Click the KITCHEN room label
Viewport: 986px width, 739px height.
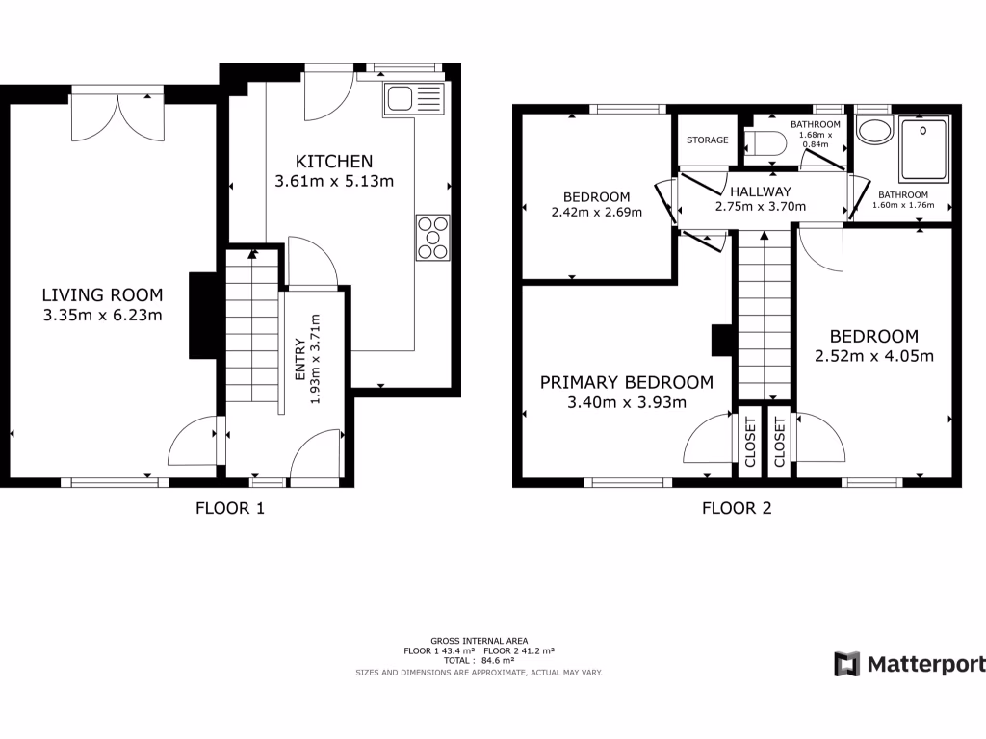(333, 161)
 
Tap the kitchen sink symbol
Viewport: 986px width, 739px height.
(414, 97)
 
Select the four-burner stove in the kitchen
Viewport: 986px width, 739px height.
(432, 237)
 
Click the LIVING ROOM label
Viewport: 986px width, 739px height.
(102, 295)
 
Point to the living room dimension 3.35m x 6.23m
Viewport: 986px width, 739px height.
(102, 315)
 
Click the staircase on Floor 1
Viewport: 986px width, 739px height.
(250, 327)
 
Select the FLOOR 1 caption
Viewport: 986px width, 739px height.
(230, 509)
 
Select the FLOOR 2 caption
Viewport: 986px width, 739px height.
(737, 509)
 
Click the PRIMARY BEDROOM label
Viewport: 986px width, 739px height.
(627, 382)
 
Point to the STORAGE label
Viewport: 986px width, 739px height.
(707, 140)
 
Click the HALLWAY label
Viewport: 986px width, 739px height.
(760, 191)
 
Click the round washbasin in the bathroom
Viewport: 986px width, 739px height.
(875, 131)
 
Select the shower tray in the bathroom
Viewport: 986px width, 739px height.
(923, 148)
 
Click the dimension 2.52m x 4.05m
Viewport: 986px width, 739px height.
(874, 356)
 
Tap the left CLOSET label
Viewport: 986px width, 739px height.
(750, 442)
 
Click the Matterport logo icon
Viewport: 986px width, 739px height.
(846, 664)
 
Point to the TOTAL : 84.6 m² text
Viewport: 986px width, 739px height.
(478, 661)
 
